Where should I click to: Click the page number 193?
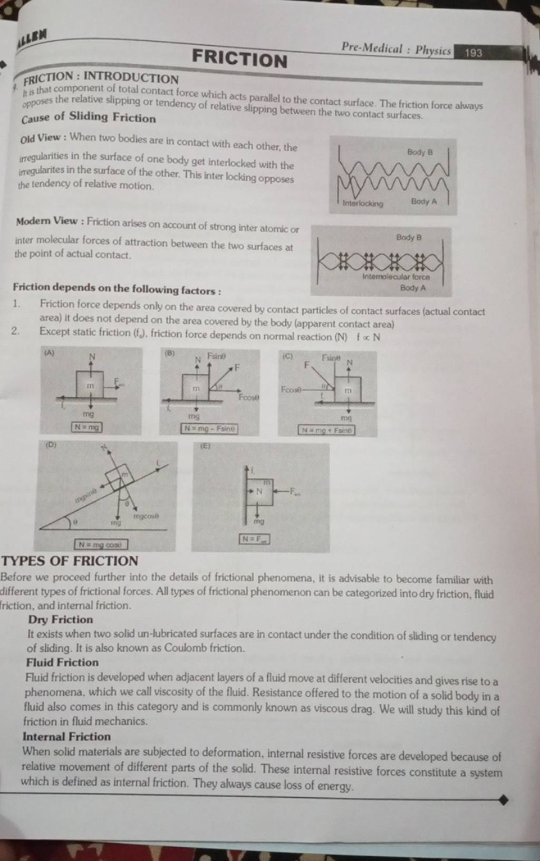point(473,53)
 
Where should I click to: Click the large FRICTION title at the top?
point(239,58)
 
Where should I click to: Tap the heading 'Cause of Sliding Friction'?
point(89,117)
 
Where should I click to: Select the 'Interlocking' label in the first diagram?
point(363,203)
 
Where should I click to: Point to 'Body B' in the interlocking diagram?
point(419,152)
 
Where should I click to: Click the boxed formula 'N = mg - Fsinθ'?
point(209,429)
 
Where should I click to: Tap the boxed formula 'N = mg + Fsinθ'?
point(326,431)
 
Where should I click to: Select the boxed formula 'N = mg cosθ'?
point(101,543)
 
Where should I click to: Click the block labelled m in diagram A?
point(91,386)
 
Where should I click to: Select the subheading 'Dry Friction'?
point(61,620)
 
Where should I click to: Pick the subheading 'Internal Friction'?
point(66,736)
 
